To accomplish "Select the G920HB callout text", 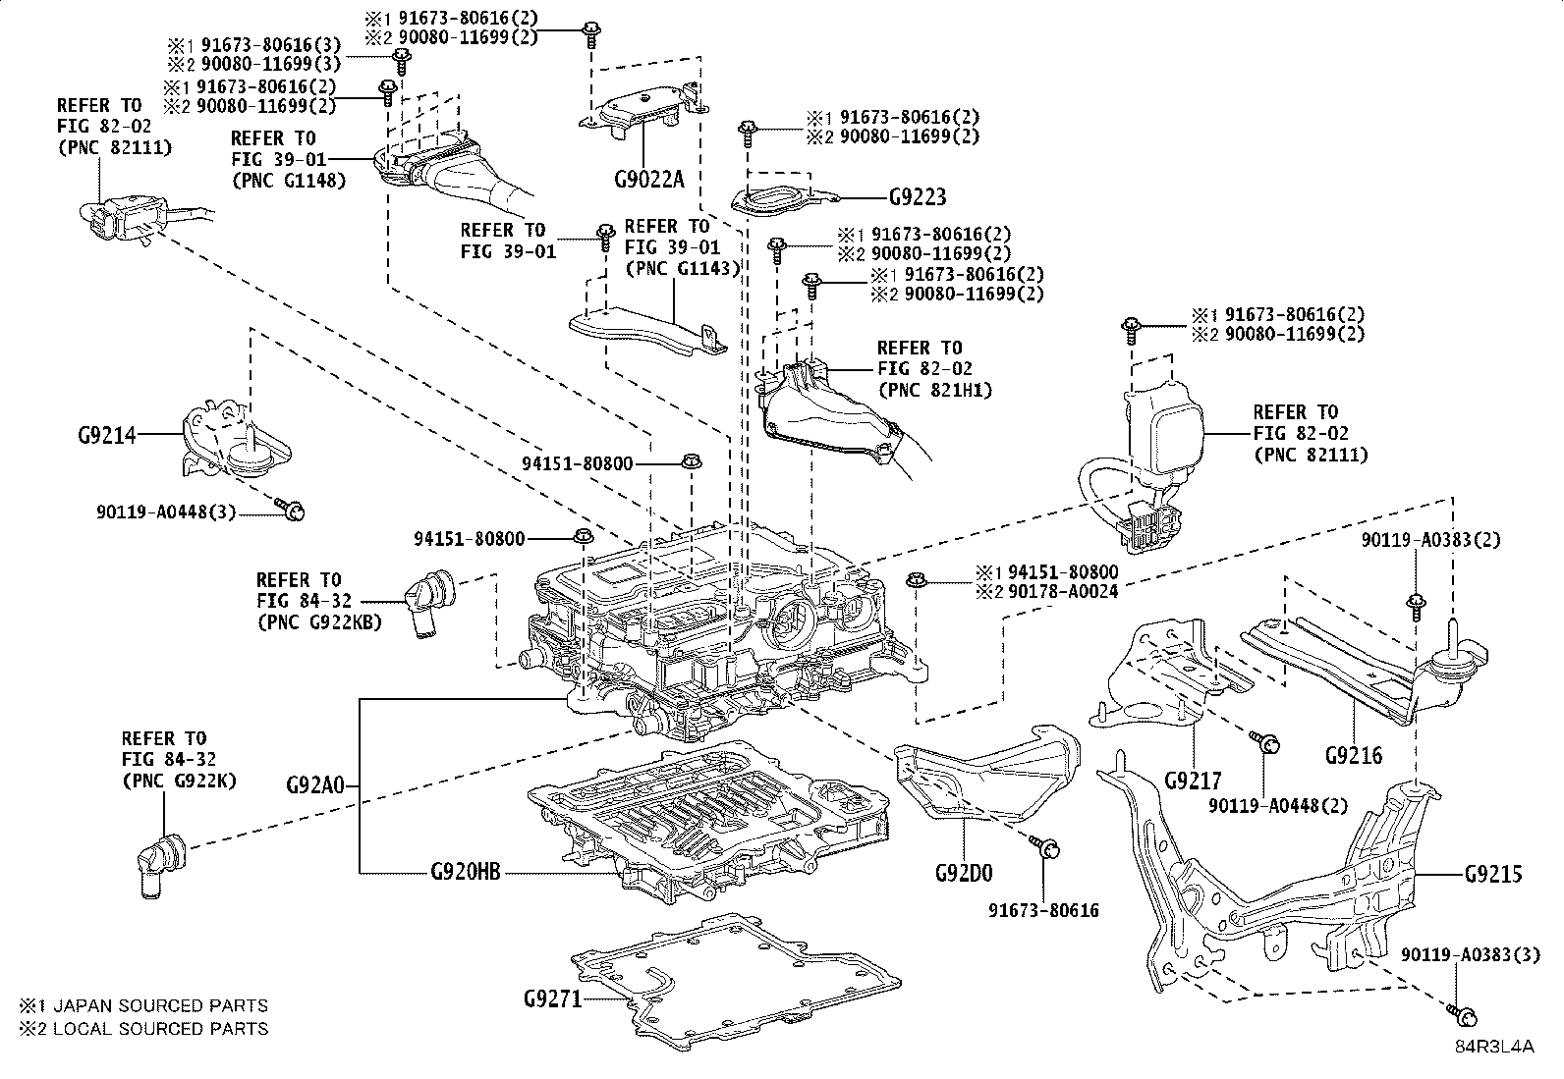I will tap(466, 871).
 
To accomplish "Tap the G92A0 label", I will tap(315, 785).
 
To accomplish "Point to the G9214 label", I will tap(107, 434).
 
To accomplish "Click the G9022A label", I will tap(648, 179).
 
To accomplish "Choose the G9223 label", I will tap(918, 197).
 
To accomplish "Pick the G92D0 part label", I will tap(964, 872).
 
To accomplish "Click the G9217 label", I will tap(1193, 781).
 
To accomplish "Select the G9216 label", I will tap(1353, 755).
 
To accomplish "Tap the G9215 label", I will tap(1492, 873).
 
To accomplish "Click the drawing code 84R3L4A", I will tap(1494, 1047).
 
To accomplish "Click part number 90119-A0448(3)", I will tap(166, 512).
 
